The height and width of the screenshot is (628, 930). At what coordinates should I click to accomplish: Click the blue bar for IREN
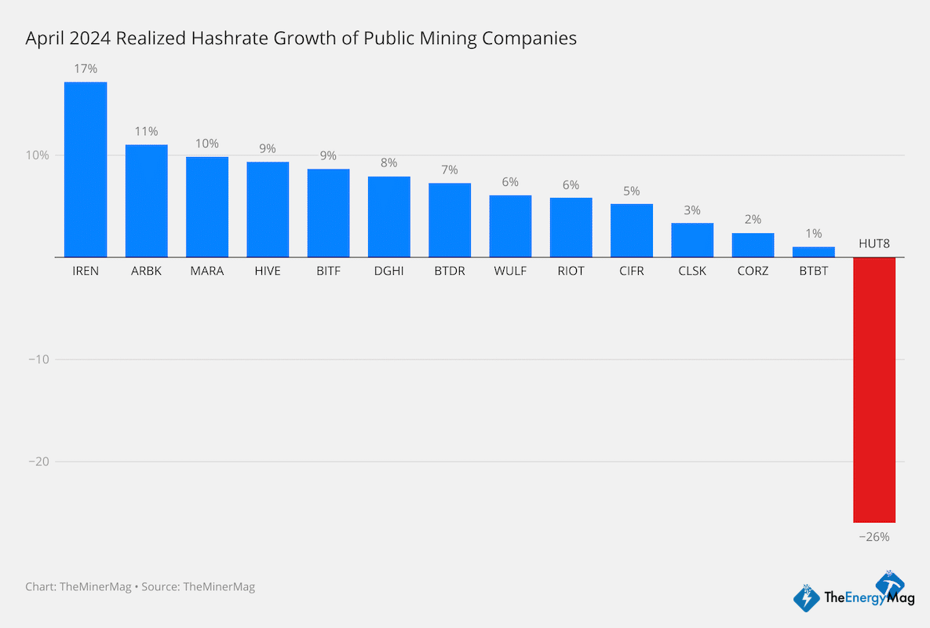(86, 170)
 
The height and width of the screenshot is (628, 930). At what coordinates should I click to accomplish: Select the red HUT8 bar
(873, 389)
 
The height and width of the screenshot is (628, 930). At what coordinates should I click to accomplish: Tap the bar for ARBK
(146, 201)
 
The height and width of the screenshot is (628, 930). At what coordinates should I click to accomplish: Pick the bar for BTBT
(813, 252)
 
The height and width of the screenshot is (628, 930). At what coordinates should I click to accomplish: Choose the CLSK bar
(692, 240)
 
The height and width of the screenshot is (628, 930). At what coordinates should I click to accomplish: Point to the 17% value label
(86, 69)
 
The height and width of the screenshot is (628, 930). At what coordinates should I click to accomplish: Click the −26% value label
(873, 537)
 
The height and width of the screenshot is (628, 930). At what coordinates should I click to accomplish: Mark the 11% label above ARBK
(146, 131)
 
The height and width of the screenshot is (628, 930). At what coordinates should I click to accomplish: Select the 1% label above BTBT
(813, 233)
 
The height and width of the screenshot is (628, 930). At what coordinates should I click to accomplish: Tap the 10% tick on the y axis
(37, 155)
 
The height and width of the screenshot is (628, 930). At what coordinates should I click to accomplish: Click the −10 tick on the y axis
(38, 360)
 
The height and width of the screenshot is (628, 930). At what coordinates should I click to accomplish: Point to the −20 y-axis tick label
(38, 462)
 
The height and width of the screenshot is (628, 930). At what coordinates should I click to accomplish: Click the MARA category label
(207, 271)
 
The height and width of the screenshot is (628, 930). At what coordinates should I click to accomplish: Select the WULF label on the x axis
(510, 271)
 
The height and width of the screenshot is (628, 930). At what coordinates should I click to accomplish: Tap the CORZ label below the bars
(753, 271)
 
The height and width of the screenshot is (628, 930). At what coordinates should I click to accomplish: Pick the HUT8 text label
(873, 244)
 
